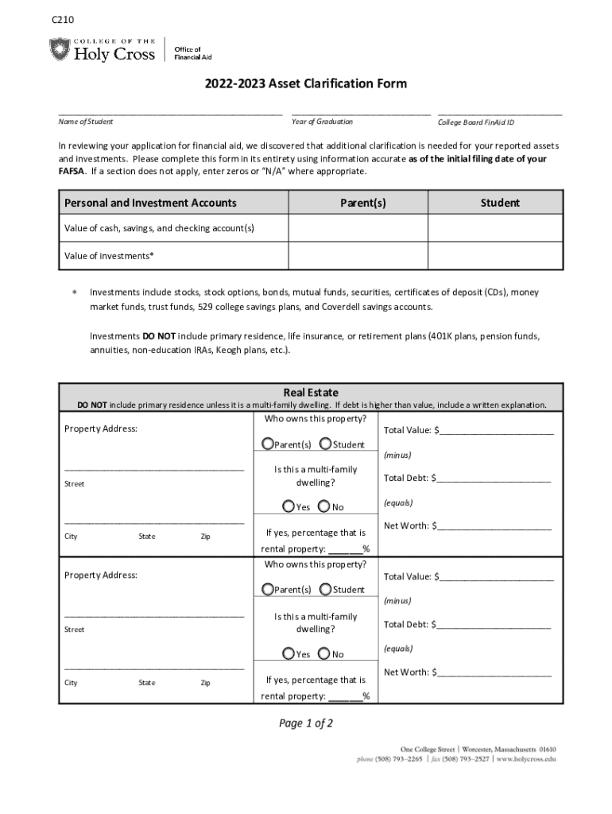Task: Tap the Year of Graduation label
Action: pyautogui.click(x=322, y=122)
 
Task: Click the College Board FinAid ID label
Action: pyautogui.click(x=476, y=122)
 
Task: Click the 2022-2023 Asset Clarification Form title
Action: pyautogui.click(x=306, y=84)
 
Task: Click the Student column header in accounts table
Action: pyautogui.click(x=500, y=203)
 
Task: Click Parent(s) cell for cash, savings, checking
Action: pyautogui.click(x=358, y=229)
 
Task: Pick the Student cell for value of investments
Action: pyautogui.click(x=496, y=256)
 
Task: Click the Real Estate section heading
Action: pyautogui.click(x=311, y=393)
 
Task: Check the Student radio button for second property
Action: pyautogui.click(x=325, y=589)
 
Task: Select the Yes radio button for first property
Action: pyautogui.click(x=288, y=506)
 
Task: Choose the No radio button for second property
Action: pyautogui.click(x=323, y=653)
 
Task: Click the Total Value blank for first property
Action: pyautogui.click(x=496, y=432)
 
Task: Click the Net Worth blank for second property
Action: pyautogui.click(x=494, y=673)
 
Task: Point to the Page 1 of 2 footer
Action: pyautogui.click(x=305, y=723)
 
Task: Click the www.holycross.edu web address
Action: pyautogui.click(x=528, y=759)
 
